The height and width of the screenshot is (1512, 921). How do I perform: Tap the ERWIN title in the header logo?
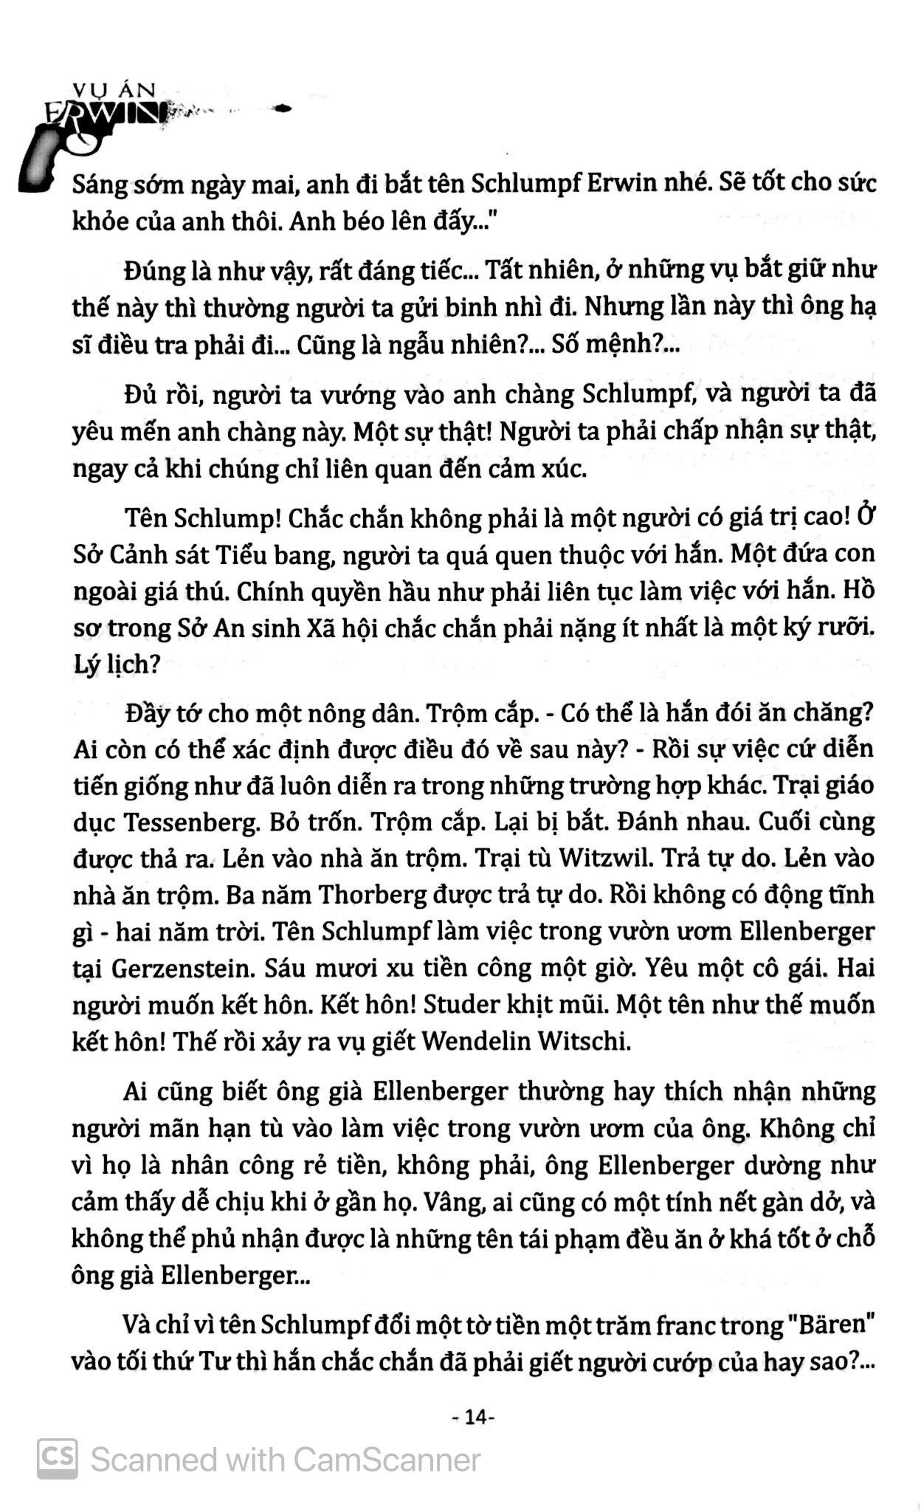(103, 114)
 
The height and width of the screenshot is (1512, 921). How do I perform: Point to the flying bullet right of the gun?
(281, 109)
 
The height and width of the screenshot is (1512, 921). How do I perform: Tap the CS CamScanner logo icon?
(58, 1458)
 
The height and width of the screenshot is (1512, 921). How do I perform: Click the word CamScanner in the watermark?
(387, 1460)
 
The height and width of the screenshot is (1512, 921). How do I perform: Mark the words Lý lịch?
(117, 664)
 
